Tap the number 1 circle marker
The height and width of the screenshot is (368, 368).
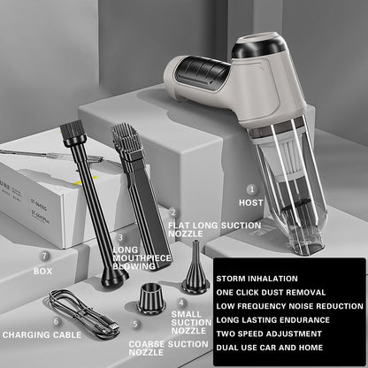point(252,188)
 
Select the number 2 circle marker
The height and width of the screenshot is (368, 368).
point(172,212)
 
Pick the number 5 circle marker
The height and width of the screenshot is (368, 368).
point(135,324)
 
